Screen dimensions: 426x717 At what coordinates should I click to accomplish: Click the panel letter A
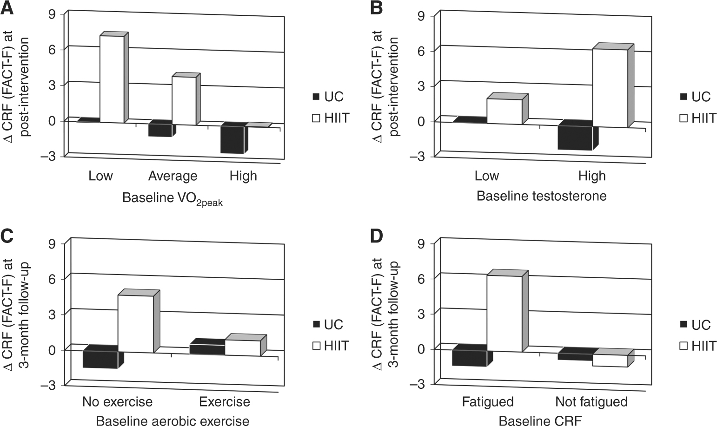(x=7, y=8)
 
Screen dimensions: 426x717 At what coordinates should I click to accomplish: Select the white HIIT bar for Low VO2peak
(x=112, y=79)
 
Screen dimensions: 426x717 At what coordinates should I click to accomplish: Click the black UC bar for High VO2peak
(x=232, y=139)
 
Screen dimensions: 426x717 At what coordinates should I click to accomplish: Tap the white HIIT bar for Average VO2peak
(x=184, y=100)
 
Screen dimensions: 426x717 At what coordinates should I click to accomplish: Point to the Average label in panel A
(x=173, y=176)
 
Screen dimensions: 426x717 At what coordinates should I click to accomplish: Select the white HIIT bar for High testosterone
(x=610, y=88)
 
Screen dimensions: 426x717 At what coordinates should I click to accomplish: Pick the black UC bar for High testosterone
(x=575, y=138)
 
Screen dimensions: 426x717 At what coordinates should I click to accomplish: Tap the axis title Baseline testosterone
(x=541, y=196)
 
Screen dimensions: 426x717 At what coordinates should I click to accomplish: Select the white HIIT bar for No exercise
(x=135, y=324)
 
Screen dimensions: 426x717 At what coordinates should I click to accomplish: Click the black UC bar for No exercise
(x=100, y=359)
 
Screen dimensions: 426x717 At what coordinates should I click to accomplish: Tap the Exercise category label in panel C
(x=225, y=401)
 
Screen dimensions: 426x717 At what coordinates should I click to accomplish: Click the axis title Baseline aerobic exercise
(x=173, y=421)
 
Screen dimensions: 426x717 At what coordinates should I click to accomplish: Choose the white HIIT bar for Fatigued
(x=504, y=313)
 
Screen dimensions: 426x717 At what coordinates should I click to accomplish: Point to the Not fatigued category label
(x=591, y=401)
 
